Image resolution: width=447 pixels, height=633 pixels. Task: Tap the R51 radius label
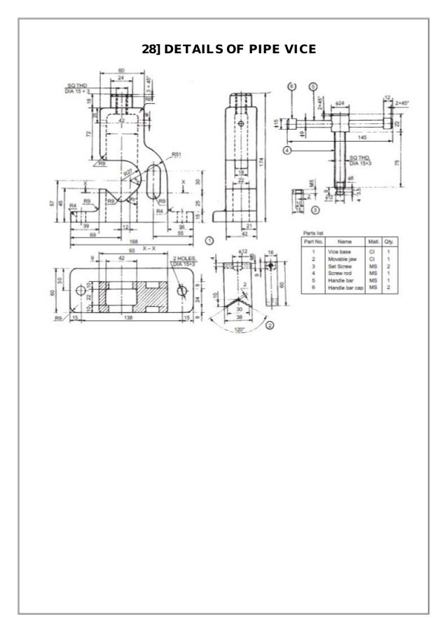pyautogui.click(x=177, y=154)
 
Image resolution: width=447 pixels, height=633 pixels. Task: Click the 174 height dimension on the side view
pyautogui.click(x=261, y=161)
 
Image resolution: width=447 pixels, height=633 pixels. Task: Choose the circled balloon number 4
pyautogui.click(x=287, y=149)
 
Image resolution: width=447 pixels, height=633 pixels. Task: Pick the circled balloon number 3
pyautogui.click(x=315, y=210)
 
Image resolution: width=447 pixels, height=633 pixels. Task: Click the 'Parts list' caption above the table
pyautogui.click(x=312, y=231)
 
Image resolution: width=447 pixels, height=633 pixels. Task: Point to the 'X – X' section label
pyautogui.click(x=149, y=248)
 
